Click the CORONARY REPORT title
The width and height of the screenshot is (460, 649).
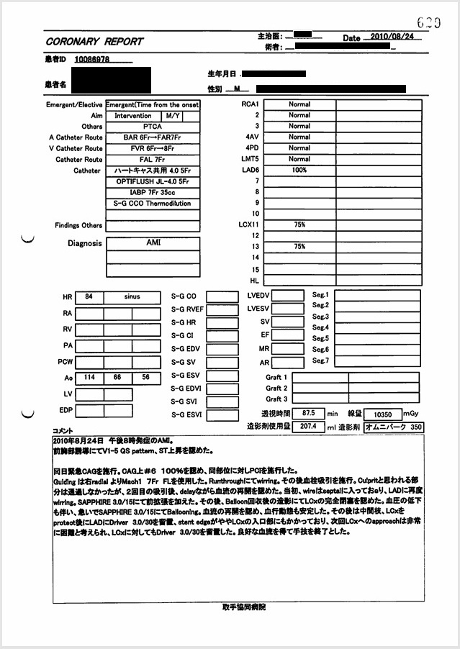coord(94,42)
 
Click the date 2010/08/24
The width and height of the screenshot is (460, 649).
coord(392,37)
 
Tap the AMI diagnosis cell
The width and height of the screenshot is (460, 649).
coord(153,243)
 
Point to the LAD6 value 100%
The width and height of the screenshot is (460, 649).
coord(299,171)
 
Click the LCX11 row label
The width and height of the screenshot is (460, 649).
coord(248,224)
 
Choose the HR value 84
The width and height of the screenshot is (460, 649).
coord(89,296)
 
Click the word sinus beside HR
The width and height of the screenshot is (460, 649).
coord(132,296)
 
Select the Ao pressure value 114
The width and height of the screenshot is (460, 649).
coord(89,378)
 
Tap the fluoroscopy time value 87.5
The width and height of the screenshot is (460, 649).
coord(309,414)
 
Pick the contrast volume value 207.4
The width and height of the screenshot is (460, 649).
coord(308,427)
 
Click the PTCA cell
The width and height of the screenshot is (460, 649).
coord(153,126)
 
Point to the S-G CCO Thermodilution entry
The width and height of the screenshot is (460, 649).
coord(152,204)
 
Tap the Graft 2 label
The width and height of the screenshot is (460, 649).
coord(276,389)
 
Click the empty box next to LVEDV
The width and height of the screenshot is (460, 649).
coord(288,296)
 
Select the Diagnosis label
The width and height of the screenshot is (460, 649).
coord(85,243)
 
